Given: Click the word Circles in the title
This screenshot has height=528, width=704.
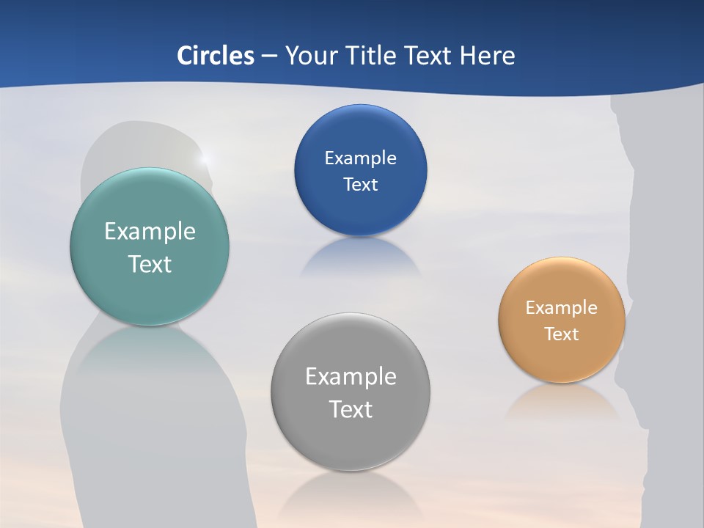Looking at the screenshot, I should (x=215, y=56).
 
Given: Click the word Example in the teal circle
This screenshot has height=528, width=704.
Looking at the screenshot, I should (x=150, y=232).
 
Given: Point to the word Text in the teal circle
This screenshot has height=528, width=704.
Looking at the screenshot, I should (x=150, y=264).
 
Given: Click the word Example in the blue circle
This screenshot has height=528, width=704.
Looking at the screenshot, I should (x=360, y=158).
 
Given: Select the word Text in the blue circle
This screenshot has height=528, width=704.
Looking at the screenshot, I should (x=360, y=184).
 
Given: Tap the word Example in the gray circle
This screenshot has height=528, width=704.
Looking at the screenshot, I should (x=351, y=377).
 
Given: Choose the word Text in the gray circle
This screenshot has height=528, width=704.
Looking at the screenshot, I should (x=351, y=409).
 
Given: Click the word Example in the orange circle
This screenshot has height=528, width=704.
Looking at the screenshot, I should (x=562, y=307).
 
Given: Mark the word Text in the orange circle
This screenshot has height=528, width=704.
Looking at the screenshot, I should (x=562, y=334).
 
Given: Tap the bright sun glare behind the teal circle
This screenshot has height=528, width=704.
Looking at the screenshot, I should (x=205, y=157).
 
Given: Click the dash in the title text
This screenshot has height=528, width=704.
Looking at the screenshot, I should (x=269, y=56).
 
